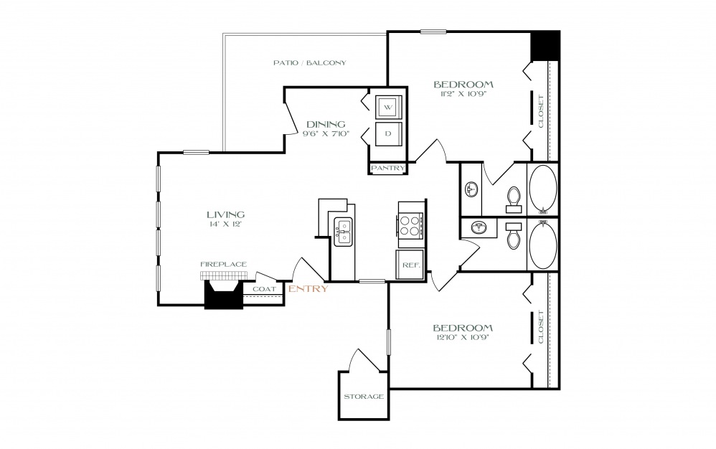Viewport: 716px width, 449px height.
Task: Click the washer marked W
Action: (x=389, y=108)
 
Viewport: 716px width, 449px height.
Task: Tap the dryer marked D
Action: (x=389, y=133)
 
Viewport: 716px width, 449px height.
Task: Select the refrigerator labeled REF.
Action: (x=410, y=265)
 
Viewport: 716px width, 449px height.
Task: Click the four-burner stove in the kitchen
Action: (x=410, y=225)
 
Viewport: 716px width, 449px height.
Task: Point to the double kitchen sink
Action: (x=343, y=232)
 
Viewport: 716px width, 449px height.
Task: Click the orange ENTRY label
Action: (x=308, y=288)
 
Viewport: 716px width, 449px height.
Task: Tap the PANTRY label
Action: (x=387, y=168)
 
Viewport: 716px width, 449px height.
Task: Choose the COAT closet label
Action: (x=265, y=289)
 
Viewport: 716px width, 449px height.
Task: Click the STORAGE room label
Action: (x=364, y=397)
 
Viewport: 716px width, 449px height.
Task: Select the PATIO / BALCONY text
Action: (x=310, y=62)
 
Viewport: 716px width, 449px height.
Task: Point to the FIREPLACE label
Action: (x=224, y=264)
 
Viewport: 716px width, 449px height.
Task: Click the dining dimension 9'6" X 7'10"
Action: (x=326, y=133)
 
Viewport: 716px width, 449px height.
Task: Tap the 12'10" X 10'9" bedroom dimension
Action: (x=463, y=338)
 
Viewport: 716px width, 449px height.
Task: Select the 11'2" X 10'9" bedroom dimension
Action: (x=463, y=95)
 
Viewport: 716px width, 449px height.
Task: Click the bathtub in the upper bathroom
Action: (x=543, y=189)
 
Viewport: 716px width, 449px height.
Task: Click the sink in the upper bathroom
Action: (x=471, y=189)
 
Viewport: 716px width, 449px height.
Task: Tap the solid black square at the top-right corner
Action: (x=545, y=45)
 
